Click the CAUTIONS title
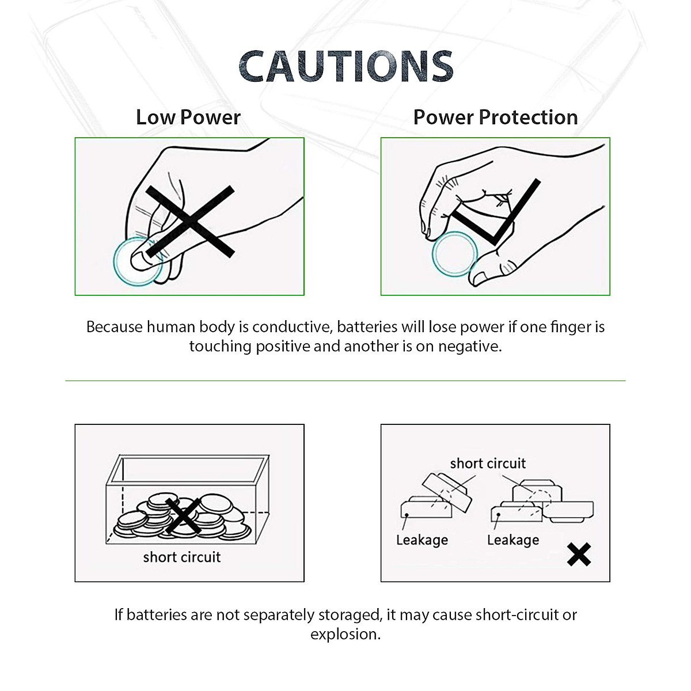point(345,66)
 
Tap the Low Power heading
point(188,117)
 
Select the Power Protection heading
point(495,117)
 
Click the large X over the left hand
point(190,221)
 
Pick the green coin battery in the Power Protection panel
point(454,254)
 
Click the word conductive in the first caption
point(291,327)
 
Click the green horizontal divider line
point(345,381)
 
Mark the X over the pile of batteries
point(183,515)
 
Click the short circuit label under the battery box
point(182,557)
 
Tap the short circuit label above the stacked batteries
point(488,464)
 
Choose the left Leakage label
point(422,540)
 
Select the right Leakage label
point(513,540)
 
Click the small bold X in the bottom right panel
point(579,555)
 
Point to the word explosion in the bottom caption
point(345,635)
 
